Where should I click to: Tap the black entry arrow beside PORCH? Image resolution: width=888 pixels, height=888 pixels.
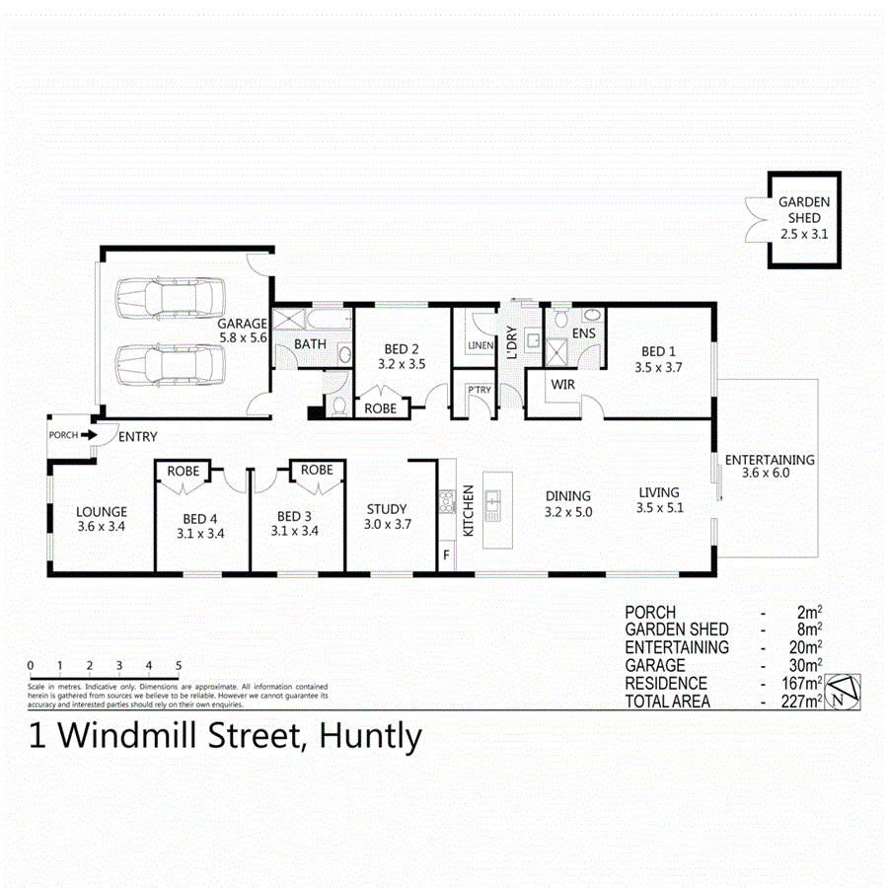[x=89, y=434]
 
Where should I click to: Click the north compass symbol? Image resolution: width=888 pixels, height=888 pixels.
[x=845, y=692]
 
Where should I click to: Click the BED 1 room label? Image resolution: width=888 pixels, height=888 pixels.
[x=661, y=351]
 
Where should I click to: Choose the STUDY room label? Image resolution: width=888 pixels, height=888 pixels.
[x=387, y=509]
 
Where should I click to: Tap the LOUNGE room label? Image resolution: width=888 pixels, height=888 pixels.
[x=102, y=511]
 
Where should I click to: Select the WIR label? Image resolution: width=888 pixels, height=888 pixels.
[x=563, y=383]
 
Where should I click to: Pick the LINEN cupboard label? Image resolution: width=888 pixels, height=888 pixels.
[x=481, y=344]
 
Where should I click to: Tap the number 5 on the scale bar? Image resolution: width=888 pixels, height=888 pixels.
[x=178, y=664]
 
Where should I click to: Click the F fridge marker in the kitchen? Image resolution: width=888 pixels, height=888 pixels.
[x=447, y=556]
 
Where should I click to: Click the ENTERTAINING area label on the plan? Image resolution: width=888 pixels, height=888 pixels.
[x=770, y=460]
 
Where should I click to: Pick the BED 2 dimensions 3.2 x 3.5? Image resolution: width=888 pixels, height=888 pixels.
[x=402, y=363]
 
